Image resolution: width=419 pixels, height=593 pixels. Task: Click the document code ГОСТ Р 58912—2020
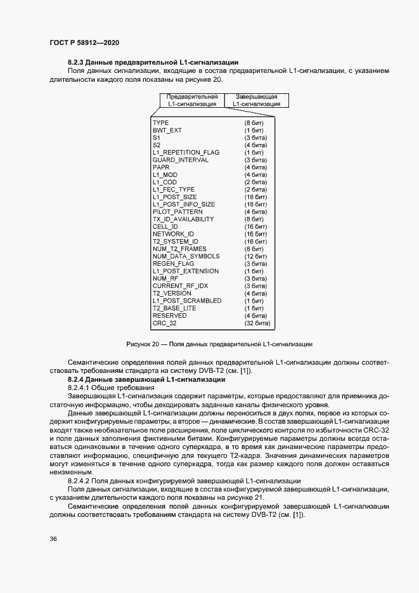[x=84, y=42]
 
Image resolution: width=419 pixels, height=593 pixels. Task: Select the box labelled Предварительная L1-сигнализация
[x=192, y=100]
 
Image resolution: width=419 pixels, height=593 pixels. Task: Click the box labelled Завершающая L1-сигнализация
[x=256, y=100]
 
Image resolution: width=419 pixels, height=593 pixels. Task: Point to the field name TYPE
[x=160, y=122]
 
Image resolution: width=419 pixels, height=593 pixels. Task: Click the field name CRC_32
[x=164, y=323]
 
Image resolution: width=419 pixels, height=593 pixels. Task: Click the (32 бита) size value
[x=257, y=323]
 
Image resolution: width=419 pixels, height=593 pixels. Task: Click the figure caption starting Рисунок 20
[x=219, y=344]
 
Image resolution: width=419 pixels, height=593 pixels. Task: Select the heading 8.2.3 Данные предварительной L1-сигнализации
[x=152, y=62]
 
